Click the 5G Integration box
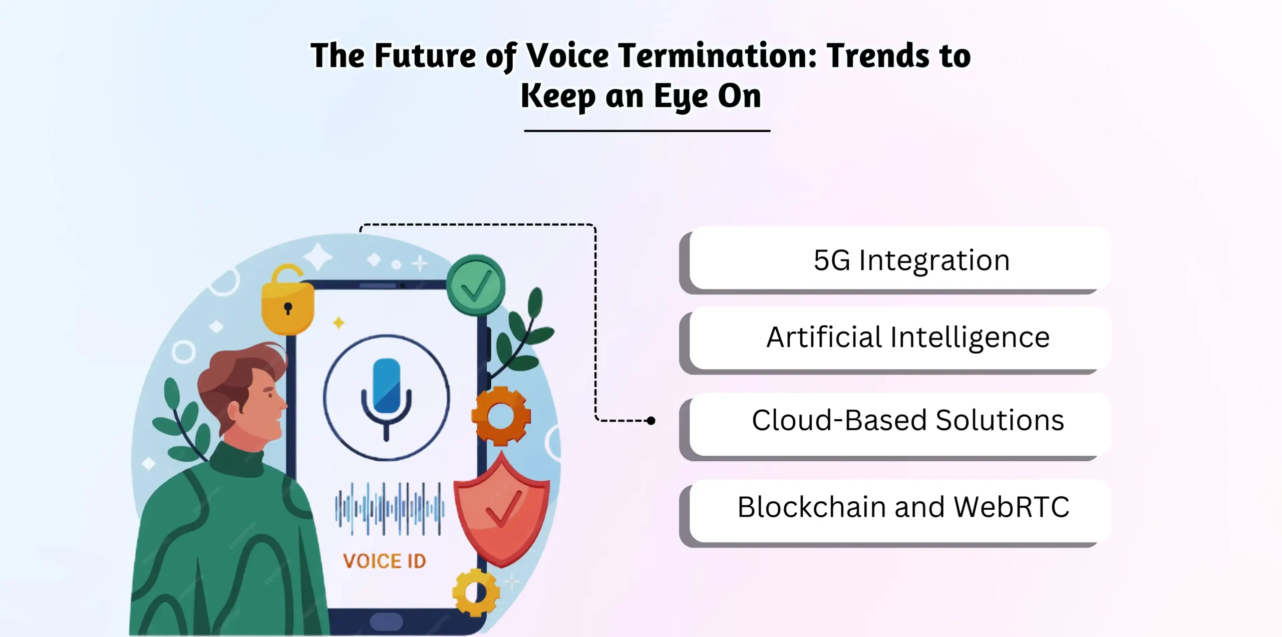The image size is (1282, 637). click(x=899, y=259)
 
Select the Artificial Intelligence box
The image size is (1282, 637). click(x=899, y=338)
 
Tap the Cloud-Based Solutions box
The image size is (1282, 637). click(x=899, y=421)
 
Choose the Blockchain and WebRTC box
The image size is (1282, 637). click(x=899, y=507)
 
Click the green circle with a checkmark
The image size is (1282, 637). click(x=476, y=285)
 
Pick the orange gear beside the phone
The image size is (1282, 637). click(x=500, y=416)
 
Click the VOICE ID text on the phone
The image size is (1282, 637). click(x=385, y=561)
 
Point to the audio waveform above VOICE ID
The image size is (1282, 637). click(x=389, y=508)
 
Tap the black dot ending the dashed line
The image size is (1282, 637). click(x=651, y=421)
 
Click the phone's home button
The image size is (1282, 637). click(x=386, y=621)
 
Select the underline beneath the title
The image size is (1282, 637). click(x=647, y=131)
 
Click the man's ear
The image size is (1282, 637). click(x=234, y=411)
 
